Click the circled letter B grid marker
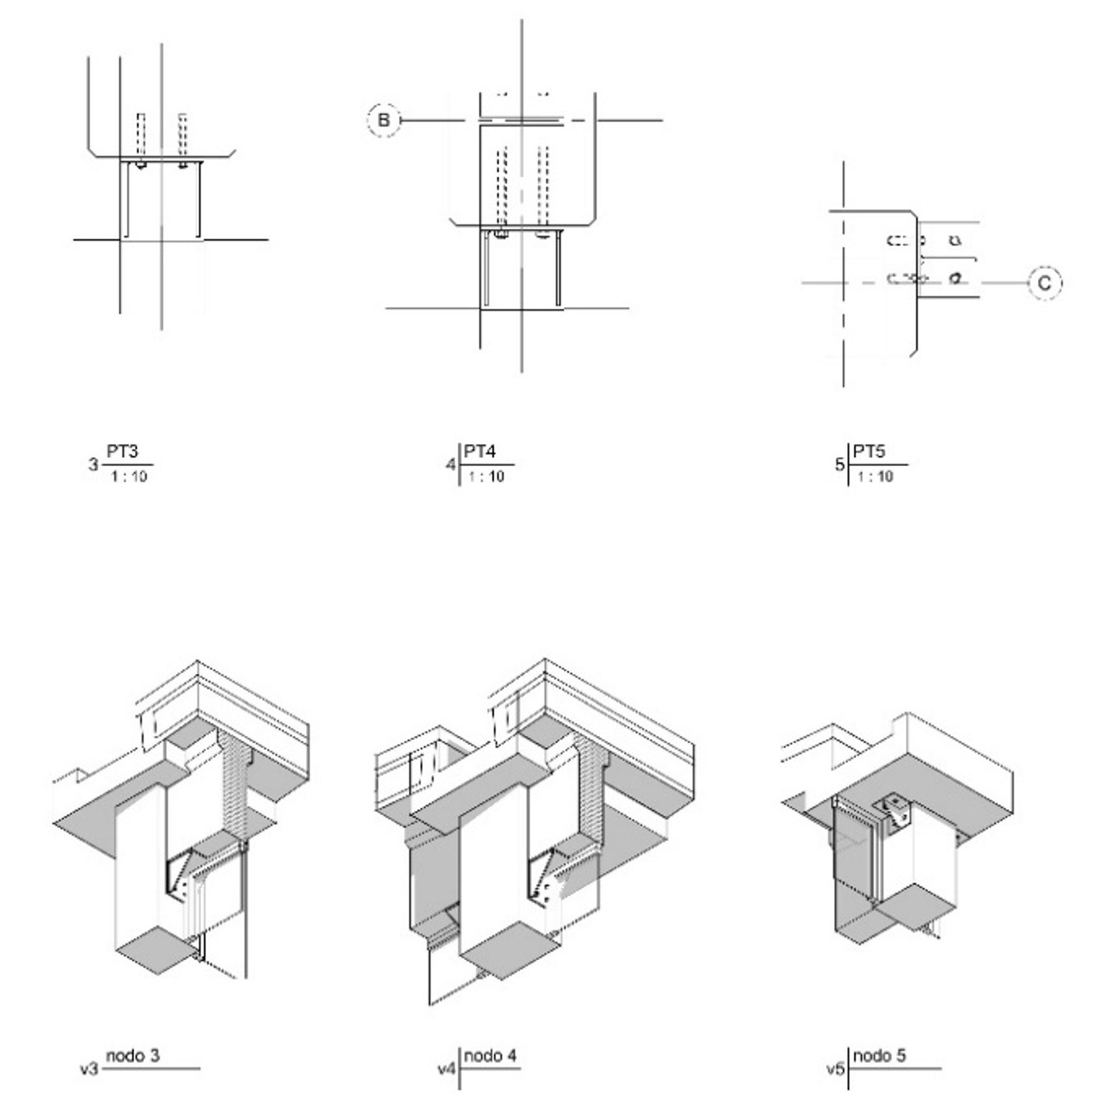coord(384,120)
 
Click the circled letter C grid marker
coord(1044,283)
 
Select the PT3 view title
coord(122,451)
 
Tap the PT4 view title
coord(480,451)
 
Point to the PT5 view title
coord(869,451)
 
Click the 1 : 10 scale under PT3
coord(129,476)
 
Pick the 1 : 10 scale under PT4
coord(486,476)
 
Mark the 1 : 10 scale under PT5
coord(875,476)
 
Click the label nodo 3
coord(133,1055)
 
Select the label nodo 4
coord(490,1055)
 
